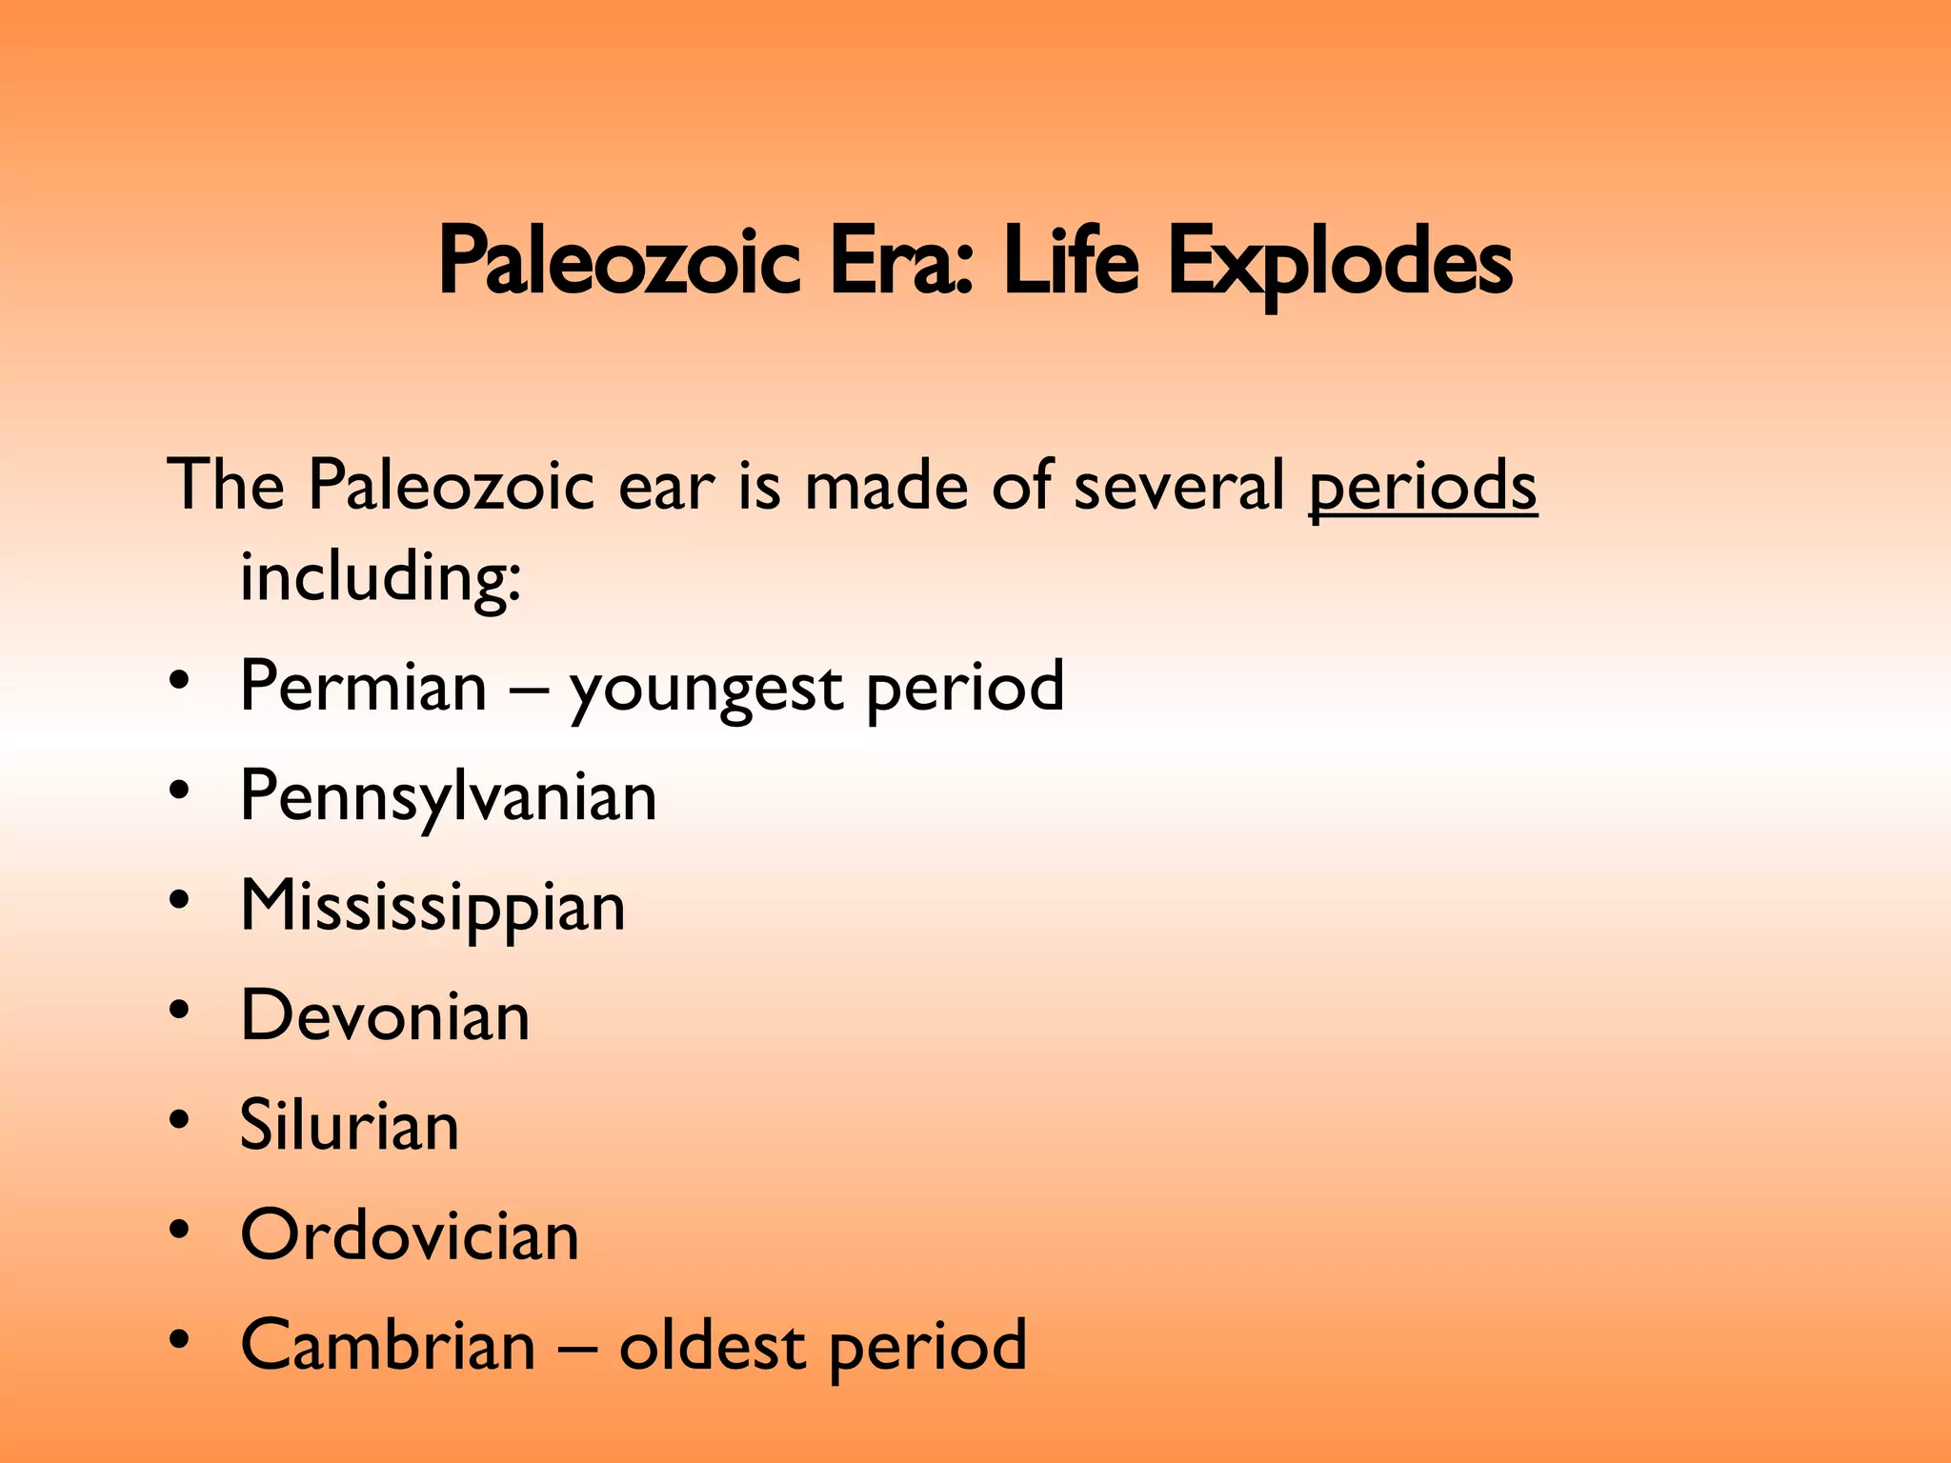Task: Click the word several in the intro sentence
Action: point(1179,486)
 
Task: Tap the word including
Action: point(380,578)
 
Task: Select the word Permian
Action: point(363,687)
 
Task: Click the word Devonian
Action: point(385,1016)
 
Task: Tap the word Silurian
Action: point(349,1126)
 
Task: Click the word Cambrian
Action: point(388,1346)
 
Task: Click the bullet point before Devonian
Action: point(179,1012)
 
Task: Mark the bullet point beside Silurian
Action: point(179,1121)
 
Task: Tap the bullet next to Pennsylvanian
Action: point(179,792)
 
